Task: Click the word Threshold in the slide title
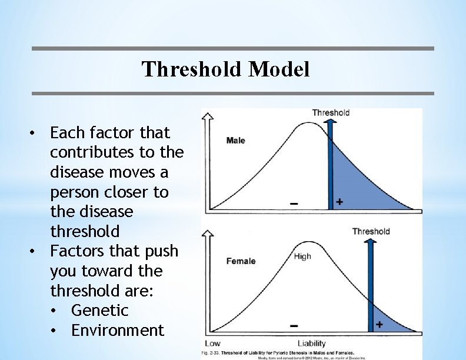point(192,70)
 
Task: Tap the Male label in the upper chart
point(235,141)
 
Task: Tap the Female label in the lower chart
point(241,261)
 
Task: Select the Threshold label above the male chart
point(331,112)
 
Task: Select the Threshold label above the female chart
point(371,231)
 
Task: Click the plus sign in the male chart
point(339,202)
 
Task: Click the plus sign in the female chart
point(379,324)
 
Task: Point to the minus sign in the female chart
point(294,325)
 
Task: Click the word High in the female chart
point(302,256)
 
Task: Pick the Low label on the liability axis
point(213,343)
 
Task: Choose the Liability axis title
point(312,343)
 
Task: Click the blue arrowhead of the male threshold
point(330,122)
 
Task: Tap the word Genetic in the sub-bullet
point(99,311)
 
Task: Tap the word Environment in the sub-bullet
point(117,331)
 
